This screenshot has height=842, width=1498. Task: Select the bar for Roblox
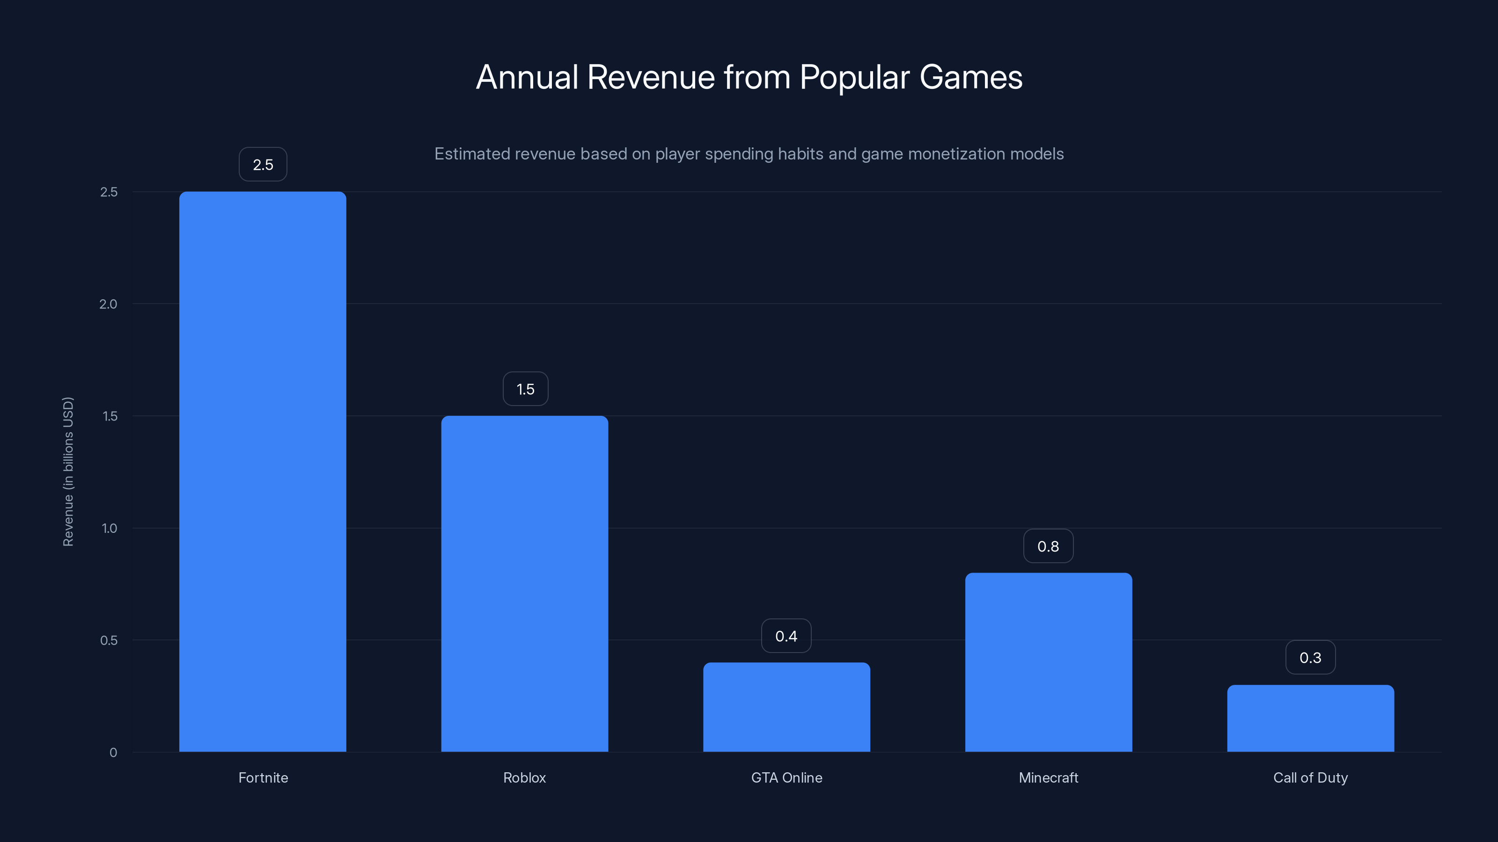click(524, 583)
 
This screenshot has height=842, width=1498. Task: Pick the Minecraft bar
click(1049, 662)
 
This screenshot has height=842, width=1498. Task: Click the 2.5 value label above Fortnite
click(263, 165)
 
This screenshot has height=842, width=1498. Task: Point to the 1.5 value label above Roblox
click(525, 389)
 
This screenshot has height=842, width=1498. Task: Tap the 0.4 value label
click(786, 636)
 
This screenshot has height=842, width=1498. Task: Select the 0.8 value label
click(1048, 546)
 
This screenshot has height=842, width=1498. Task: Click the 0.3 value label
click(1310, 657)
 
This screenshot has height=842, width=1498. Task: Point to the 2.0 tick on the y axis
click(108, 304)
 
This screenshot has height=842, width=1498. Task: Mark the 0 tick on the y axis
click(113, 753)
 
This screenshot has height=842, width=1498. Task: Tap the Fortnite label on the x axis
click(263, 777)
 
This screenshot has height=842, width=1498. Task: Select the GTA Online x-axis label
click(786, 777)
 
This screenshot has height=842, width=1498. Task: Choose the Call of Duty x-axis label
click(1310, 777)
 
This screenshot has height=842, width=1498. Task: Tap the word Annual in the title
click(527, 77)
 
